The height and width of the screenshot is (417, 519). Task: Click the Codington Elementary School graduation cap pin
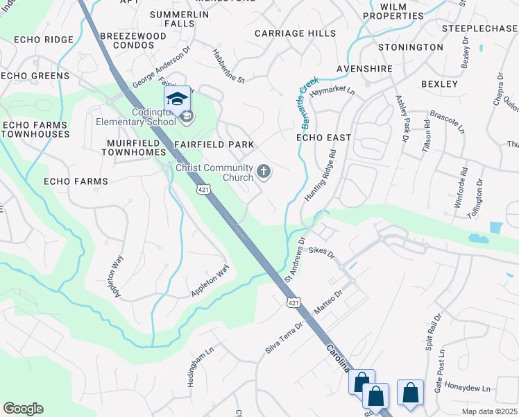(x=177, y=99)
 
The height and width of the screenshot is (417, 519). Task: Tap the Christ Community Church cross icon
(x=264, y=171)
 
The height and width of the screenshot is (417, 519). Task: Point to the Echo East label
(x=323, y=138)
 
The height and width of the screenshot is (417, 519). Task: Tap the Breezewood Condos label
(x=133, y=40)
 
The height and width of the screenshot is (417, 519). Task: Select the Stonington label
(x=410, y=47)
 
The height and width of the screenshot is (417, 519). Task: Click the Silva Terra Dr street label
(x=284, y=336)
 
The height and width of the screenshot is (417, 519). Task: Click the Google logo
(x=23, y=409)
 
